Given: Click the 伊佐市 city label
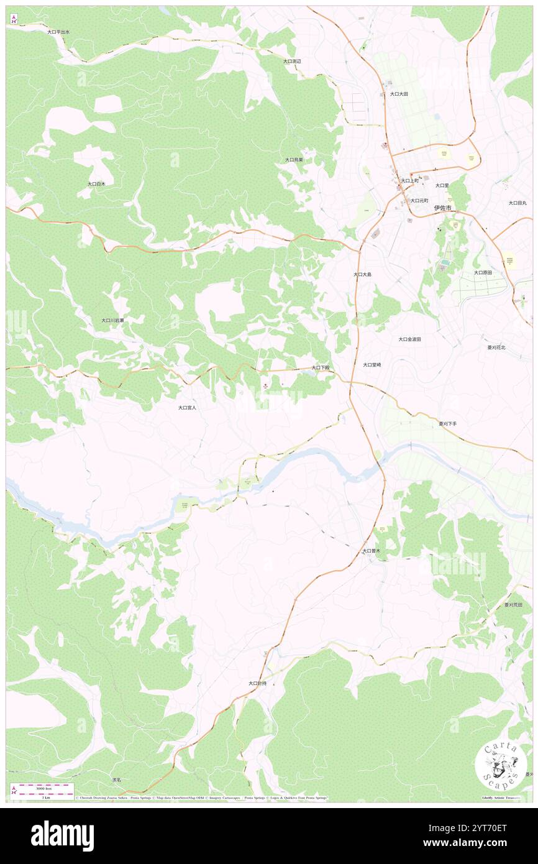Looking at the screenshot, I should [443, 208].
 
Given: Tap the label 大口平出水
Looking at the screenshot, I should [58, 31].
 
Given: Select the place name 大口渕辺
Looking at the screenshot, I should [292, 61].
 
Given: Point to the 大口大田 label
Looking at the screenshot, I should [399, 94].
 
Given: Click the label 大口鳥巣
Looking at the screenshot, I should [294, 160].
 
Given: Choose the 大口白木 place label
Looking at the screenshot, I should [96, 184].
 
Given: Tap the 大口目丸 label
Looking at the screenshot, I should [517, 203].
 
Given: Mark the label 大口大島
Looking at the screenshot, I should [362, 274].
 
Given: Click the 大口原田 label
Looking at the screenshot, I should [483, 272].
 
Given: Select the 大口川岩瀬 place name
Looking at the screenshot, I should [112, 320].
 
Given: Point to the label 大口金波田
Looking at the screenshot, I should [410, 339].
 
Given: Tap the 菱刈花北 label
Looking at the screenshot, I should [496, 347].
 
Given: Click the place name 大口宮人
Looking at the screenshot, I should [187, 408].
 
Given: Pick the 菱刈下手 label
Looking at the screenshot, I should [447, 423].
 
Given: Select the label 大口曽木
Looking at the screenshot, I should [371, 551].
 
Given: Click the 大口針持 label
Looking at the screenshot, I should [257, 683].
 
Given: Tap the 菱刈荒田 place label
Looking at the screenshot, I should [513, 604].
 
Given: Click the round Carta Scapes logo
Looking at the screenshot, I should [501, 765].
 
